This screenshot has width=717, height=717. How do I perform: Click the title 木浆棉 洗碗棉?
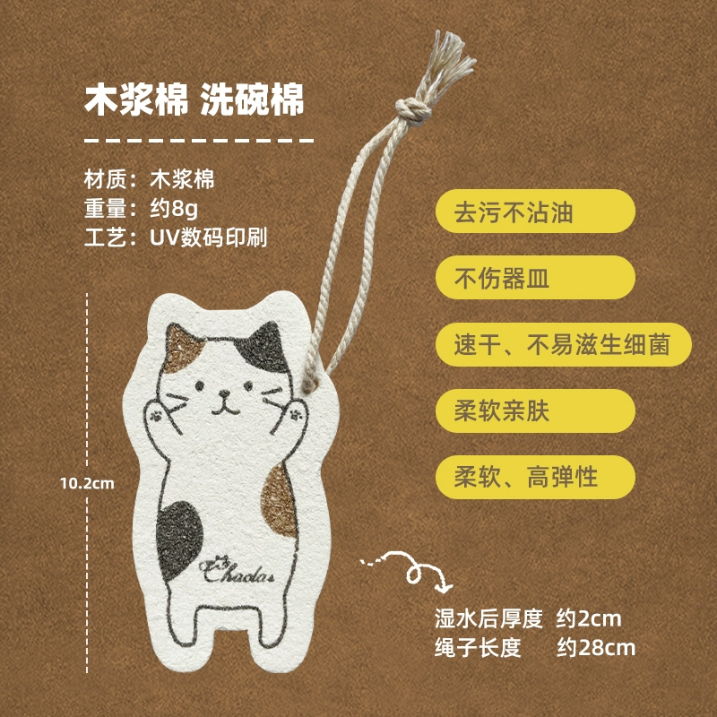[194, 99]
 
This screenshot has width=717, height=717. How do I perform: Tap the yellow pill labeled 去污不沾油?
[535, 212]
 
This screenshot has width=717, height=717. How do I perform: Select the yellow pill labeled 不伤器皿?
[535, 278]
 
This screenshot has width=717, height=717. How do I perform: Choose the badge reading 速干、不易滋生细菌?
[564, 344]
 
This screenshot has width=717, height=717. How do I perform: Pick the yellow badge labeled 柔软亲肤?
[535, 410]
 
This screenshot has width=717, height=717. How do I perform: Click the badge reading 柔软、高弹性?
[535, 477]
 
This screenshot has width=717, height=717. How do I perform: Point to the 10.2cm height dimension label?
[87, 483]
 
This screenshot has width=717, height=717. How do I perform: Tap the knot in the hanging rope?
[413, 110]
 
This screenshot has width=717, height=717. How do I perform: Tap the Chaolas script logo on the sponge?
[237, 570]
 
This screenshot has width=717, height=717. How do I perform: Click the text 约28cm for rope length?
[596, 647]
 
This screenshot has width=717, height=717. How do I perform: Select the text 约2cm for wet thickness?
[589, 618]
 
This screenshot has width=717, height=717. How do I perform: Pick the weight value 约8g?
[174, 209]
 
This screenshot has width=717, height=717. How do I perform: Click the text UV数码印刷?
[208, 238]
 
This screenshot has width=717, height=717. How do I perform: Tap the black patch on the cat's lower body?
[178, 540]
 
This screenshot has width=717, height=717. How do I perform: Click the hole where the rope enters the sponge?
[311, 385]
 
